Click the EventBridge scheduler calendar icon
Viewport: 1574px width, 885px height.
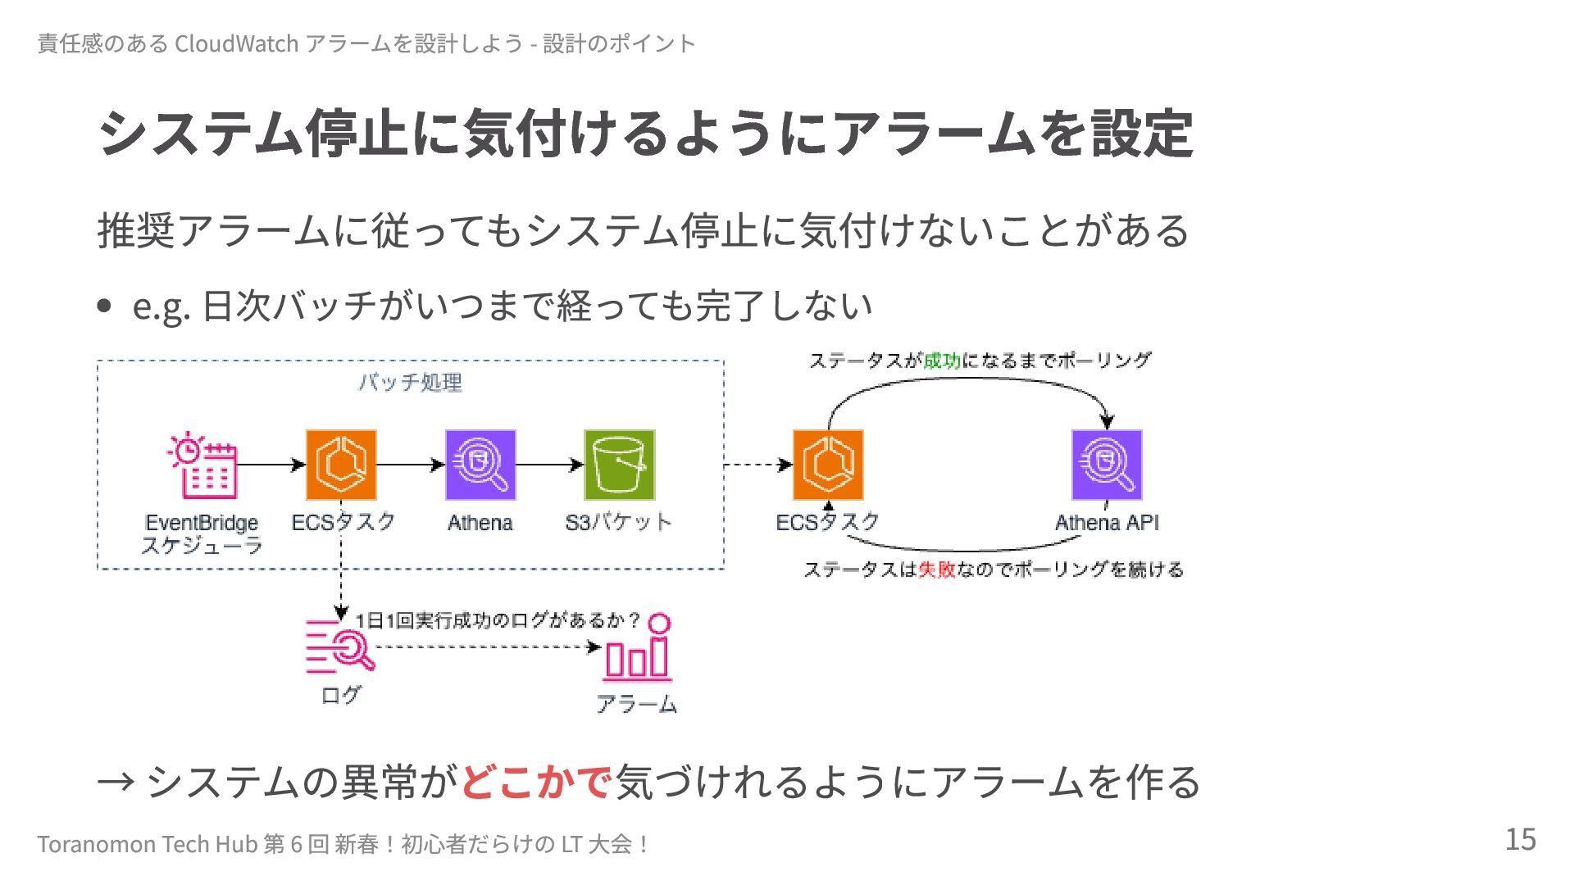click(202, 465)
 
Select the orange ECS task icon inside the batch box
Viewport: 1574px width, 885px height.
click(341, 465)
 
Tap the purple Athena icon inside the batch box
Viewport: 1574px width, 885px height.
click(480, 465)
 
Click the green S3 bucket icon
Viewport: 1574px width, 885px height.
click(620, 465)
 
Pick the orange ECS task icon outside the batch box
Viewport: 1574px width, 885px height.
click(828, 465)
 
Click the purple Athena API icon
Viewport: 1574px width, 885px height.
click(1107, 465)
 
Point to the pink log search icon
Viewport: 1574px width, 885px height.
click(339, 647)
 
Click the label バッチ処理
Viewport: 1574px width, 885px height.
click(410, 383)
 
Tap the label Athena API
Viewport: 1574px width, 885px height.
click(1107, 523)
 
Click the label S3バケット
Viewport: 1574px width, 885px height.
click(619, 523)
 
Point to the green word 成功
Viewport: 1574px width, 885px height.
click(942, 361)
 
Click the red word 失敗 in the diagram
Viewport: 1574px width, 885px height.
click(936, 570)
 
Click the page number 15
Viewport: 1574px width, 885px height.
click(1520, 840)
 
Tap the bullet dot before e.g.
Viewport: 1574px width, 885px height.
click(104, 306)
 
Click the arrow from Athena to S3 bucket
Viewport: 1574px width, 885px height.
click(549, 465)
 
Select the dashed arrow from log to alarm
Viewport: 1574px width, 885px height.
click(488, 647)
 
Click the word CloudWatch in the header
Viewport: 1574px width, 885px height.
click(236, 43)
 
